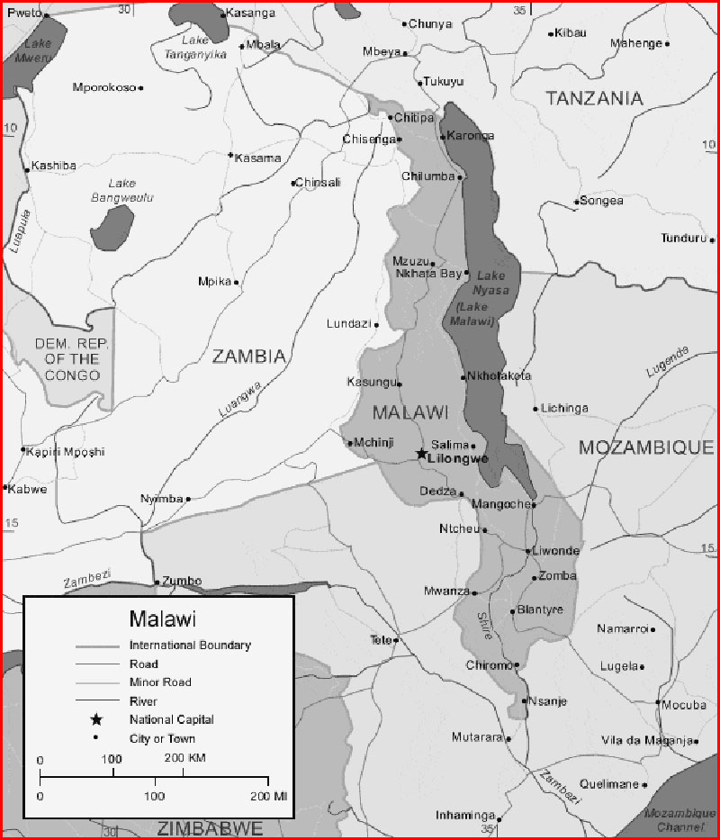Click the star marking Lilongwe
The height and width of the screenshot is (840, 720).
point(421,455)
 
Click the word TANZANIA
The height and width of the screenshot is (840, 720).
point(595,98)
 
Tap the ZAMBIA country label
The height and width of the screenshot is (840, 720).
point(248,357)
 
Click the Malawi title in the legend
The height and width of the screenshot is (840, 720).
point(163,619)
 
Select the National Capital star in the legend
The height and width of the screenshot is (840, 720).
point(96,719)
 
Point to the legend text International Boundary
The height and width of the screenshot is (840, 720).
point(190,646)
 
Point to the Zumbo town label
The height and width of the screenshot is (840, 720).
point(183,581)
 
